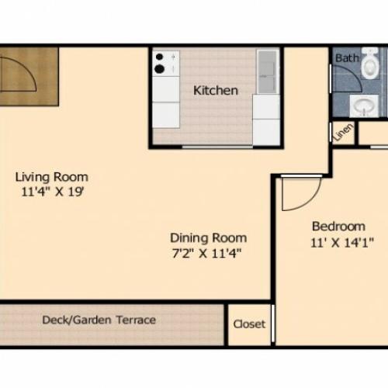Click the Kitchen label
(x=216, y=91)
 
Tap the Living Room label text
(x=52, y=177)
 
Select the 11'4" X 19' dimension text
(x=53, y=192)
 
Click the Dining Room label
(x=208, y=238)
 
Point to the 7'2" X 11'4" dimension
(x=206, y=253)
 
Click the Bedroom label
(x=338, y=227)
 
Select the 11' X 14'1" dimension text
(x=342, y=243)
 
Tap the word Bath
(x=347, y=58)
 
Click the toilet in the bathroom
(x=369, y=63)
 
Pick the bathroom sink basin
(x=364, y=106)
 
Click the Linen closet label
(x=344, y=132)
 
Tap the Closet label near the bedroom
(x=249, y=324)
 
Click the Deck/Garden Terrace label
(x=99, y=320)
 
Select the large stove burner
(x=159, y=69)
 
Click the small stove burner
(x=159, y=57)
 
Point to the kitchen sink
(x=268, y=71)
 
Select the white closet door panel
(x=272, y=324)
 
